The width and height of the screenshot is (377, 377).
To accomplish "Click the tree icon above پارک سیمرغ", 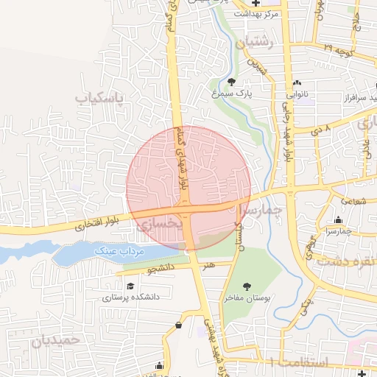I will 233,82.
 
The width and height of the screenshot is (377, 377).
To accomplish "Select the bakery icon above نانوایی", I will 297,82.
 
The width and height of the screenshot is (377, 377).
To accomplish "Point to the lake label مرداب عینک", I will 122,251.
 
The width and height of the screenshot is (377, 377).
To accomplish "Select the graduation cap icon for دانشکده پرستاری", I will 130,286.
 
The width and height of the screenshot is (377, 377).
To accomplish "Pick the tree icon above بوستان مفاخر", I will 247,286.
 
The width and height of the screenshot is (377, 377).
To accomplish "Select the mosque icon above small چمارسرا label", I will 338,219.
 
